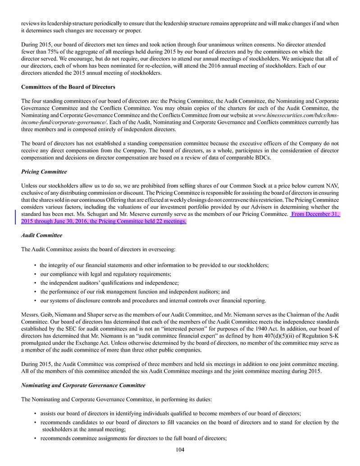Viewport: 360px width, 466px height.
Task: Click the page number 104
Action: click(x=180, y=449)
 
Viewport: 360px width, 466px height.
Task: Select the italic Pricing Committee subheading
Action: click(x=44, y=172)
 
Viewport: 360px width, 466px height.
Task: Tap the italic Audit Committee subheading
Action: click(x=41, y=235)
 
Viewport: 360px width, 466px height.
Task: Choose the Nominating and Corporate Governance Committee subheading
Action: click(x=83, y=385)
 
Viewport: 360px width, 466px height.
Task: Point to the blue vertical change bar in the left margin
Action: click(x=16, y=218)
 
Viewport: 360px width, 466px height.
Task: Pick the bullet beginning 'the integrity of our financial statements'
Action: click(x=154, y=265)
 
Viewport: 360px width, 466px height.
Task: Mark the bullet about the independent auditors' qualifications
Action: click(x=109, y=283)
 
